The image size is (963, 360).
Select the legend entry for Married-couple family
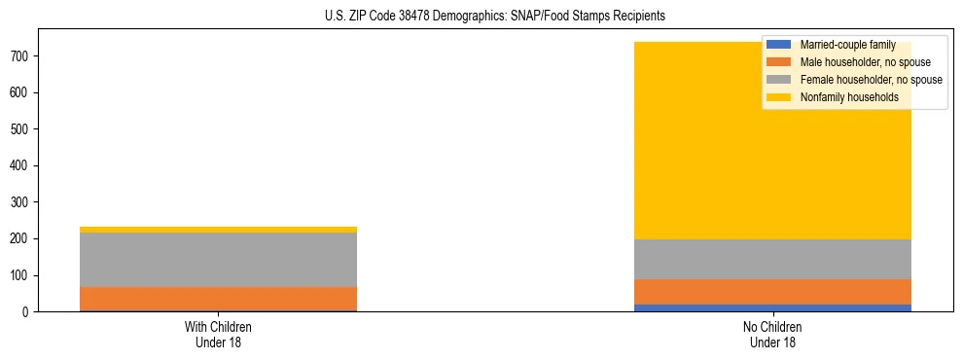pyautogui.click(x=847, y=45)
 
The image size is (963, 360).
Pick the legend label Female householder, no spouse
pyautogui.click(x=871, y=80)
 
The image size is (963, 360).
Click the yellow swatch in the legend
pyautogui.click(x=779, y=97)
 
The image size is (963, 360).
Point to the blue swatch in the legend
pyautogui.click(x=779, y=45)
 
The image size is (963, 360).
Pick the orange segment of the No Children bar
pyautogui.click(x=772, y=292)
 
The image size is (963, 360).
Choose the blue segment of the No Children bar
pyautogui.click(x=772, y=307)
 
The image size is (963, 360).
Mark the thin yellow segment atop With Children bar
pyautogui.click(x=218, y=230)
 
